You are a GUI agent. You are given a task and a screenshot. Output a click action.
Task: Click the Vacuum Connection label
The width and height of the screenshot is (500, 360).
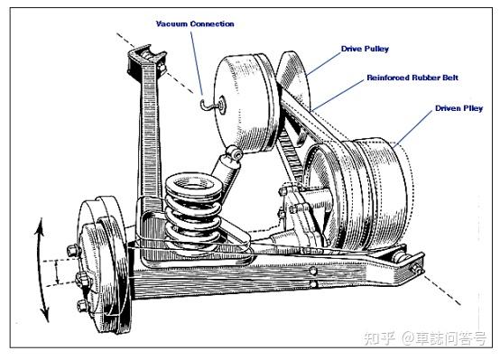click(195, 24)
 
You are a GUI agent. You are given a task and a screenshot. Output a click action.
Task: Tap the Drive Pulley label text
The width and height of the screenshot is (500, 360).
click(366, 49)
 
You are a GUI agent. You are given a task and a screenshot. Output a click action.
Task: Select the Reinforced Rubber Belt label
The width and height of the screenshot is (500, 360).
click(412, 78)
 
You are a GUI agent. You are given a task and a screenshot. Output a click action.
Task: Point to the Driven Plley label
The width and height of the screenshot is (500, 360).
click(458, 108)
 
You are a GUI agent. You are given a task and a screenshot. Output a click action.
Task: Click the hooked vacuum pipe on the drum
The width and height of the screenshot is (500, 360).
click(208, 105)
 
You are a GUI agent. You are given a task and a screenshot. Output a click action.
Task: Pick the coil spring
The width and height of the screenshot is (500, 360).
click(193, 213)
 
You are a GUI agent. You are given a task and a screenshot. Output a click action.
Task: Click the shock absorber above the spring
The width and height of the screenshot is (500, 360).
click(226, 167)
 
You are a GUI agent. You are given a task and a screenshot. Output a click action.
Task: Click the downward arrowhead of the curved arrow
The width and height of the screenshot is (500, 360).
click(45, 314)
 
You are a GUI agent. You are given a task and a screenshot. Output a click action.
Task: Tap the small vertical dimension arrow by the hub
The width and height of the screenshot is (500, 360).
click(57, 272)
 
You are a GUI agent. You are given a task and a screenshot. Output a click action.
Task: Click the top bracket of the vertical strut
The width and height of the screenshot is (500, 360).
click(146, 60)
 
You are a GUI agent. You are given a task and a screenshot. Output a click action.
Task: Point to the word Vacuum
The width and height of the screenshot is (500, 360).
click(171, 24)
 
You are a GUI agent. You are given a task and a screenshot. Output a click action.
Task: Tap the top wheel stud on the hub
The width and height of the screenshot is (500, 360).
click(74, 249)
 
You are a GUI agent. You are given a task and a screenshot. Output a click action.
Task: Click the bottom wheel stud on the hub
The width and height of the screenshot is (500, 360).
click(82, 306)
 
